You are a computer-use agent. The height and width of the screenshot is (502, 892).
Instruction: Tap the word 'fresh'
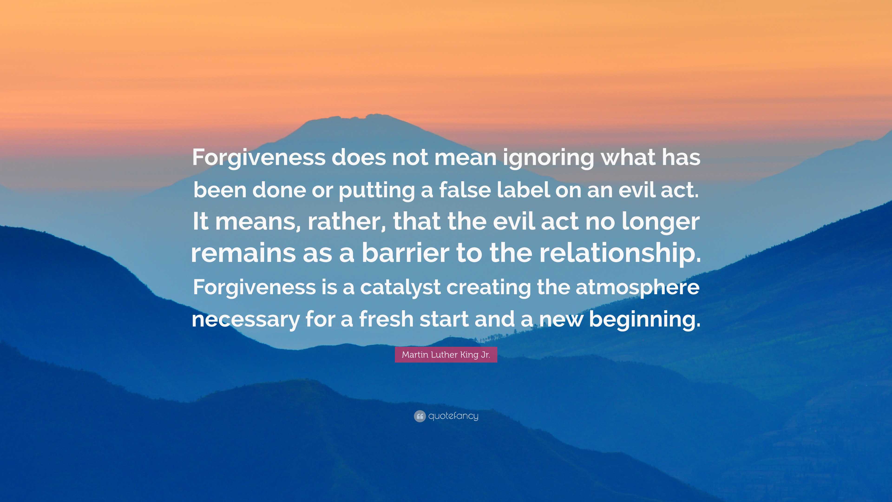pyautogui.click(x=386, y=318)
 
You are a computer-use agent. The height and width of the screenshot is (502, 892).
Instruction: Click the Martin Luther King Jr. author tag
pyautogui.click(x=446, y=355)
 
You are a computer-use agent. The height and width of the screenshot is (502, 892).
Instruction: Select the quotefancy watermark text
pyautogui.click(x=453, y=416)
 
